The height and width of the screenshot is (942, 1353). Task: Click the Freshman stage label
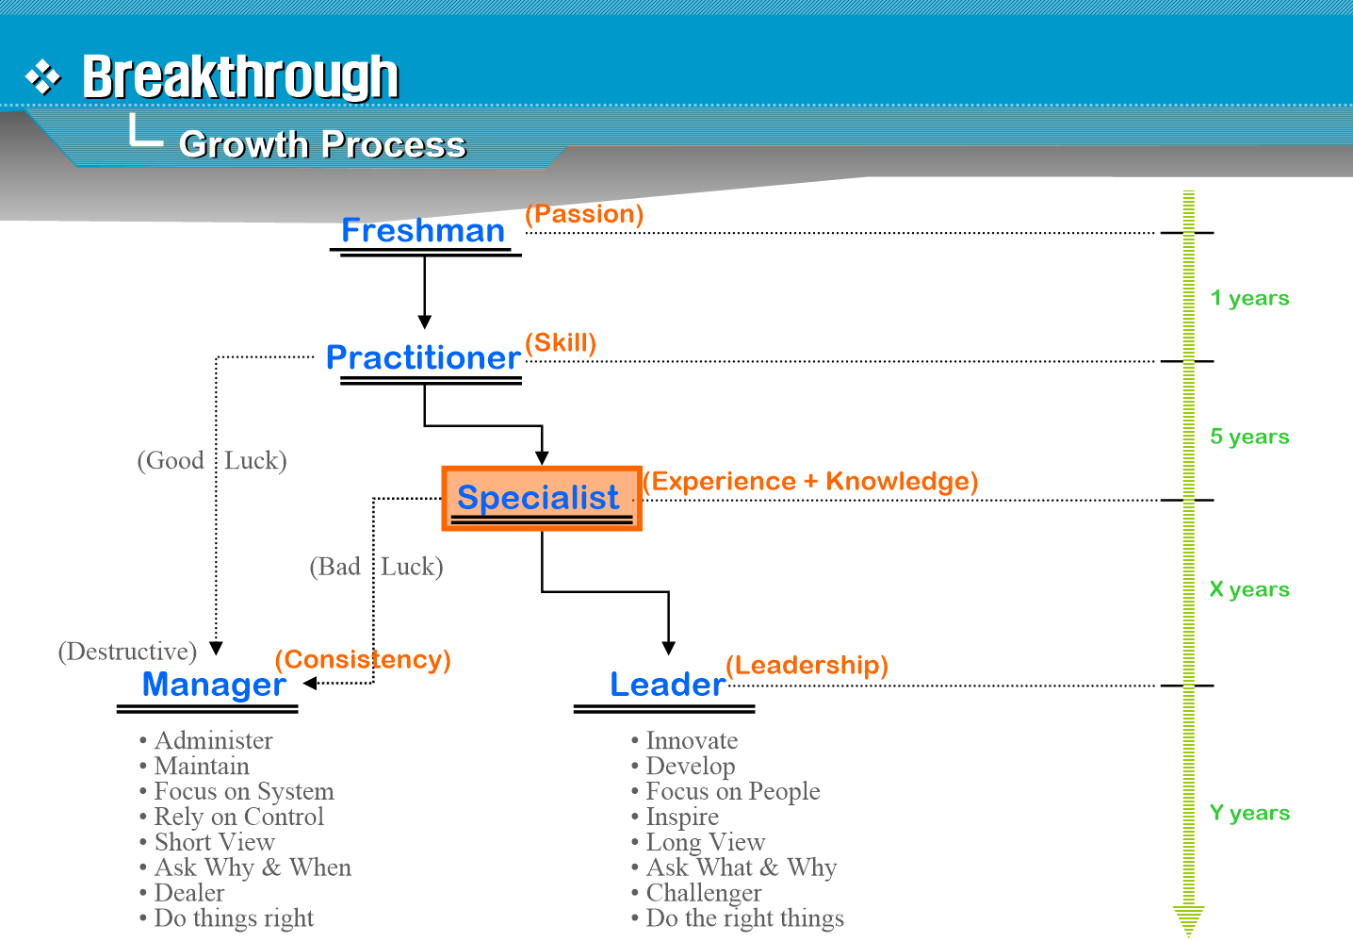(x=423, y=231)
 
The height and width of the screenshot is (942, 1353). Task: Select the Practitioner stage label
(x=423, y=358)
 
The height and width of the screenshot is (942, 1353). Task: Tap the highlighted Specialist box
(x=541, y=498)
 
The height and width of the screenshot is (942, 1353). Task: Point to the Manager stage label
(x=214, y=685)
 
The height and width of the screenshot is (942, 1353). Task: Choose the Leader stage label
(x=667, y=685)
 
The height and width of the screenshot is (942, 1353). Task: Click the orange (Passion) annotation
(x=584, y=214)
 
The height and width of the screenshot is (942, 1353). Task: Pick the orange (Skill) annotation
(x=561, y=342)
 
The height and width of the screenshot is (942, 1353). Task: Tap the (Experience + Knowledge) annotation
(x=810, y=481)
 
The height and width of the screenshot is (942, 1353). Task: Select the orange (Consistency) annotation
(x=363, y=659)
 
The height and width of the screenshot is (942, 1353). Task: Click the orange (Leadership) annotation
(x=807, y=665)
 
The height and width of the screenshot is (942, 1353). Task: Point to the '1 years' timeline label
(x=1249, y=298)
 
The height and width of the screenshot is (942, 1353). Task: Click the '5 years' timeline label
(x=1249, y=437)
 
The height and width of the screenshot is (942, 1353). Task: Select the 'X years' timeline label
(x=1249, y=589)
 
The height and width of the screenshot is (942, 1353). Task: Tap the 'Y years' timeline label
(x=1249, y=813)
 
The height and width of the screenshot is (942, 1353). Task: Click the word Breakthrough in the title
(x=240, y=77)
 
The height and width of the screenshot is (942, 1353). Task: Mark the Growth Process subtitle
(x=322, y=144)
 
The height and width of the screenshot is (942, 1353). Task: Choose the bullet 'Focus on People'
(x=732, y=791)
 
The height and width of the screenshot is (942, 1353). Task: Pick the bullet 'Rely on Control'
(x=238, y=817)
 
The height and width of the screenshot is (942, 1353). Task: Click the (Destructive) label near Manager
(x=127, y=652)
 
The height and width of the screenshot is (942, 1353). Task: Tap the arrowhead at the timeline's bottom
(x=1189, y=918)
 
